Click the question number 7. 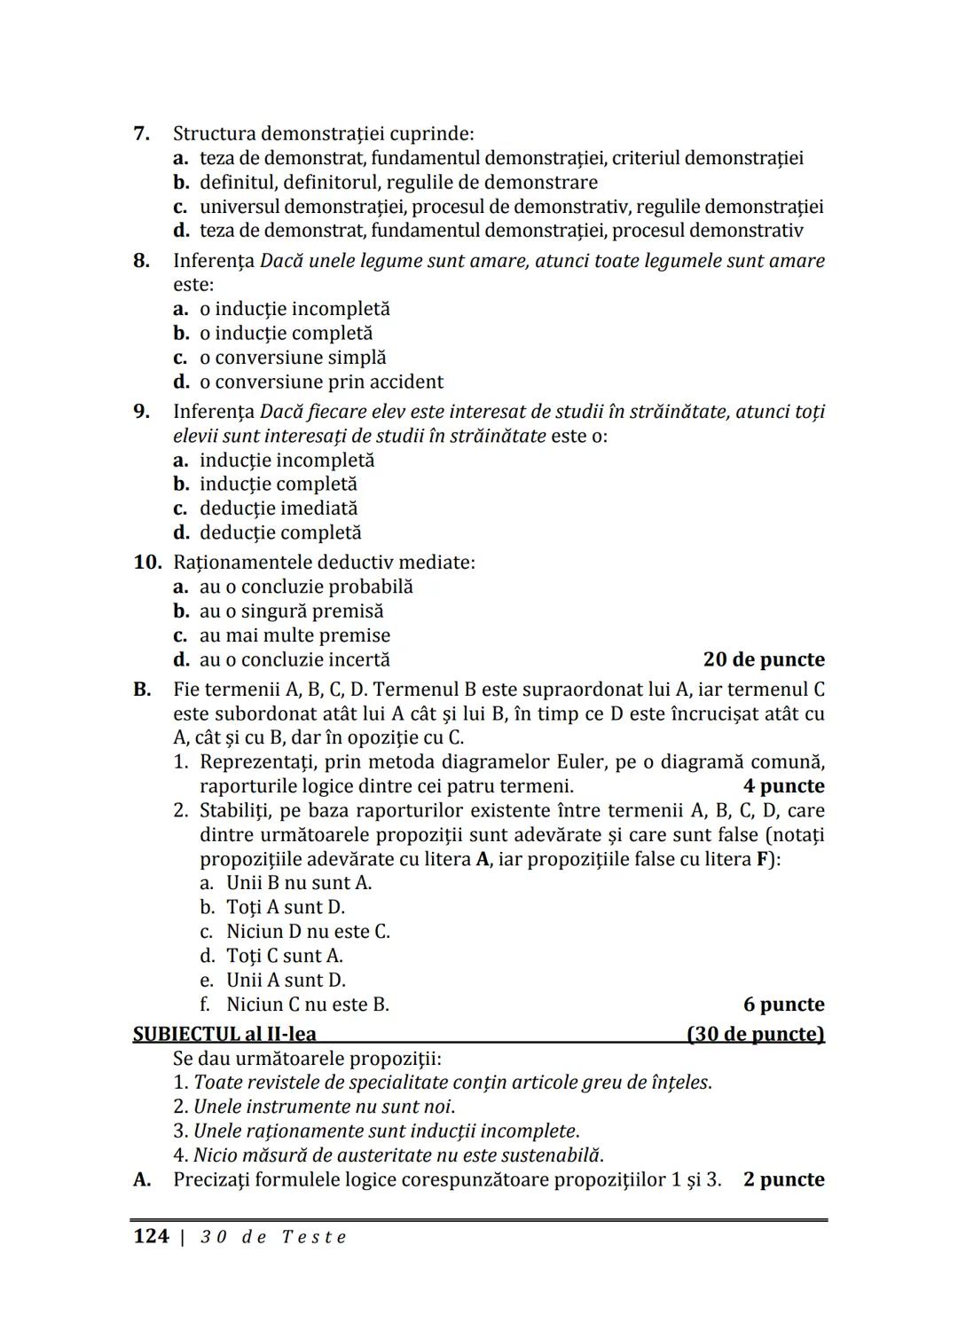141,134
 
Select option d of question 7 501,231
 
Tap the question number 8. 141,261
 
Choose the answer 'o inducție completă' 286,334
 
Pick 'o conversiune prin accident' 321,382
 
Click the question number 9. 141,412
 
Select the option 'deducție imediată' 279,508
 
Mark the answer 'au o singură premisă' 291,611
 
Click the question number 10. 147,563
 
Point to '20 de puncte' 764,659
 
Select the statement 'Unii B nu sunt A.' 298,883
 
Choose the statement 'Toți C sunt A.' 284,956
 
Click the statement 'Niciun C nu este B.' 307,1005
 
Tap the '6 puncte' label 783,1005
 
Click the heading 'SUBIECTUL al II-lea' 224,1035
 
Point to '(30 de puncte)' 755,1035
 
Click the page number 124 151,1237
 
